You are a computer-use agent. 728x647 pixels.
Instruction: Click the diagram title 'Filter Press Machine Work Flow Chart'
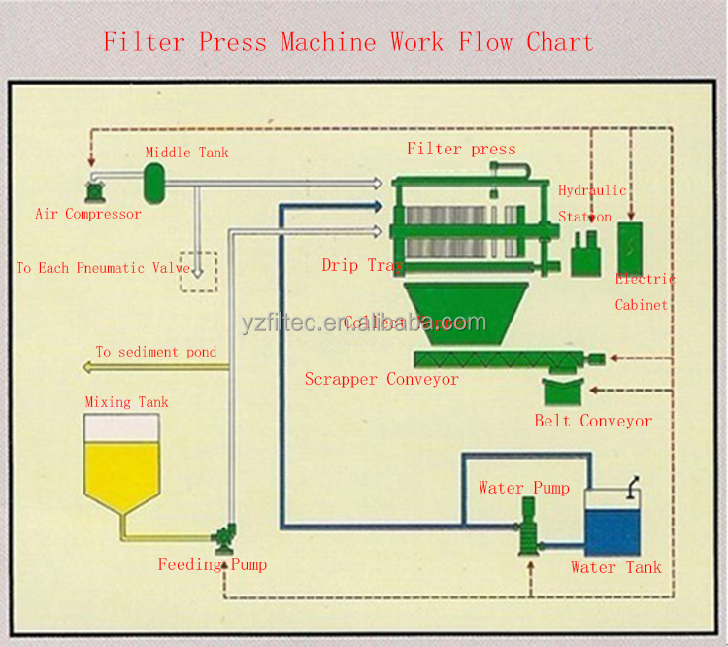[x=347, y=42]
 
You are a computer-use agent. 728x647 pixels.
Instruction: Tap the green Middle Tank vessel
[x=153, y=177]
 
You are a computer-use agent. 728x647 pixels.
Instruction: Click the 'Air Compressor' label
[x=87, y=214]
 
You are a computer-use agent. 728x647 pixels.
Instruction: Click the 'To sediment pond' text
[x=155, y=352]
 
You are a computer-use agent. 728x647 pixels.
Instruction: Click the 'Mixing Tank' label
[x=126, y=402]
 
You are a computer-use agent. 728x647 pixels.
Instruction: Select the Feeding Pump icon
[x=226, y=533]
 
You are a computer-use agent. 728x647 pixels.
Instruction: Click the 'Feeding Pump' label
[x=213, y=564]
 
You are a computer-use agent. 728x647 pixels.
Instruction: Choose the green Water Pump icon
[x=527, y=524]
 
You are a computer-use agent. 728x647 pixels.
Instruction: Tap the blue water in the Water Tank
[x=612, y=532]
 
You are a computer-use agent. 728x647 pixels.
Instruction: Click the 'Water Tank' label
[x=615, y=567]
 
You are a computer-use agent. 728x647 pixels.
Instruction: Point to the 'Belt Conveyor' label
[x=593, y=421]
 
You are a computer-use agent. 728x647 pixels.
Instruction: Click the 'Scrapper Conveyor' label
[x=381, y=379]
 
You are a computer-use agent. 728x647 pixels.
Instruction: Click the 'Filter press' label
[x=461, y=149]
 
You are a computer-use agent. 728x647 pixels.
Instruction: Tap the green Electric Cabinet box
[x=630, y=246]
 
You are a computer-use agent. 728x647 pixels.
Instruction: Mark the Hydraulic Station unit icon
[x=584, y=255]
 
